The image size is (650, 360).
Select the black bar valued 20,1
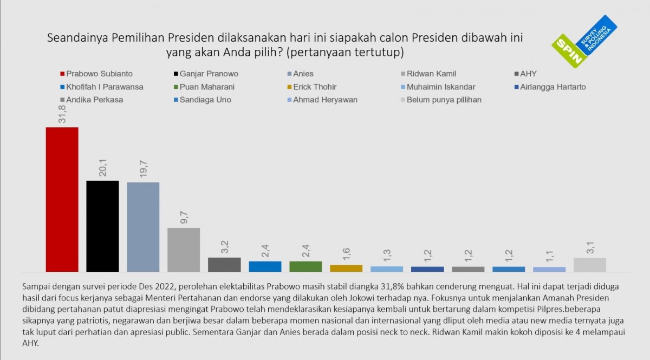click(x=102, y=226)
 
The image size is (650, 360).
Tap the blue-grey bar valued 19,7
click(x=143, y=227)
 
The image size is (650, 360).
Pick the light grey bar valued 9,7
click(x=184, y=250)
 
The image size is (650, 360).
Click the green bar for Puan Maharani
click(x=305, y=266)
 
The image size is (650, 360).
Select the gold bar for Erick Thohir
click(x=346, y=268)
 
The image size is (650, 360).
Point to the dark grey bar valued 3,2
click(x=224, y=264)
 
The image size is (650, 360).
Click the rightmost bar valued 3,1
click(x=590, y=264)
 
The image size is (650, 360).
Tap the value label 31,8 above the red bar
click(x=61, y=114)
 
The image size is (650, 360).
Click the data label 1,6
click(x=346, y=253)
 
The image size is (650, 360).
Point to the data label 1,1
click(x=549, y=256)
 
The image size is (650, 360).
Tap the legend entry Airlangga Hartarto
click(x=552, y=87)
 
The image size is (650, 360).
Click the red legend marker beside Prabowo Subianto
click(x=62, y=74)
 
